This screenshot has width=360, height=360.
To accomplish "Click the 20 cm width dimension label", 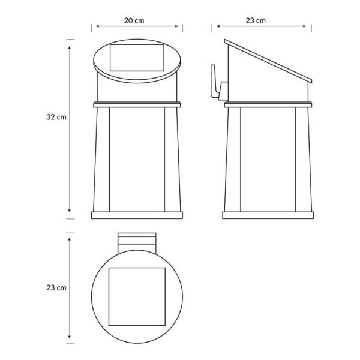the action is click(x=134, y=20).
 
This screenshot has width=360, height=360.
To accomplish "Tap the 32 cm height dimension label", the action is click(x=56, y=117).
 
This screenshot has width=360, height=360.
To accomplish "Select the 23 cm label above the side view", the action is click(x=256, y=20).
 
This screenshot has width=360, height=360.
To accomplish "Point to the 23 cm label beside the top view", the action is click(x=56, y=287).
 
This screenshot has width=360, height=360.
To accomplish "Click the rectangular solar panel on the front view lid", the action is click(x=137, y=58).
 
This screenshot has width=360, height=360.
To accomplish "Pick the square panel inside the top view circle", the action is click(x=137, y=296).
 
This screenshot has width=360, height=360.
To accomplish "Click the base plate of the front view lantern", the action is click(x=137, y=215).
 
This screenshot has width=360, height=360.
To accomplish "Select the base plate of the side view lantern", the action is click(x=268, y=215).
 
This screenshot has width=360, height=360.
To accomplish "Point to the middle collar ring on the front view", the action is click(x=137, y=104).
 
